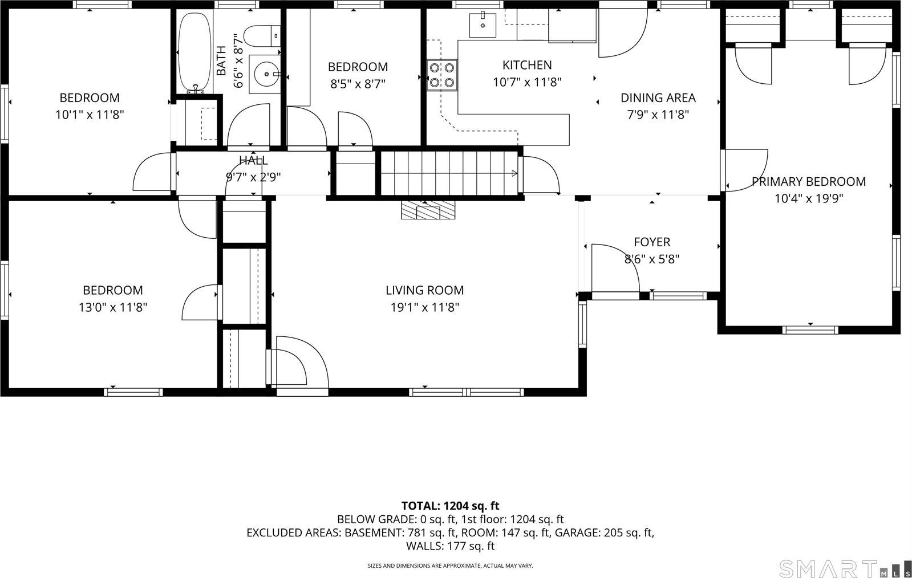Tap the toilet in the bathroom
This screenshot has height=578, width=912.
[x=264, y=36]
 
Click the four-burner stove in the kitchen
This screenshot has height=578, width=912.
[x=443, y=75]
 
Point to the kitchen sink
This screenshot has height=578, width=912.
[x=483, y=25]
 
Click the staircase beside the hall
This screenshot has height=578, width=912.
[x=449, y=173]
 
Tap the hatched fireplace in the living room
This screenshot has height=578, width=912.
[x=428, y=210]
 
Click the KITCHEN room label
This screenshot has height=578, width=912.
[x=526, y=65]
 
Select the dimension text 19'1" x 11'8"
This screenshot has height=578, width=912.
[x=424, y=308]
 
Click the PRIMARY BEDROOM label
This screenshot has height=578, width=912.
[x=808, y=182]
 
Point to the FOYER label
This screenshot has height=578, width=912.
[x=651, y=242]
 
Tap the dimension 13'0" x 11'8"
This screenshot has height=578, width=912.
[x=113, y=308]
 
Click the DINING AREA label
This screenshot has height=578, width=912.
[x=658, y=98]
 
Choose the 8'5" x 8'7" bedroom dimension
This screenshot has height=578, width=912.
[x=358, y=84]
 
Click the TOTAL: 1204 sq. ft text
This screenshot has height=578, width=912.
[x=450, y=506]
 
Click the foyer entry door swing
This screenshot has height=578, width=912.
[x=616, y=268]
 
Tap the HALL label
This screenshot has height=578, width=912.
[x=253, y=161]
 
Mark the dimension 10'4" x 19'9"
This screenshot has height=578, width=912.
[x=808, y=199]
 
